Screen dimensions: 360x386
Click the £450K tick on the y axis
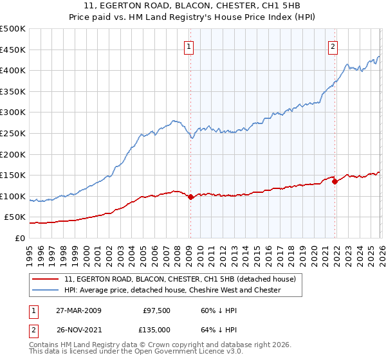[x=13, y=50]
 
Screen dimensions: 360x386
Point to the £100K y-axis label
[x=13, y=196]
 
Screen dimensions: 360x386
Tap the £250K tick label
[x=13, y=133]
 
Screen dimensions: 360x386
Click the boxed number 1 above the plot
[x=190, y=46]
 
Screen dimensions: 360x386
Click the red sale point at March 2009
[x=190, y=197]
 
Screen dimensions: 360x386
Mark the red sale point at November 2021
[x=335, y=181]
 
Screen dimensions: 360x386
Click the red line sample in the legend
[x=46, y=279]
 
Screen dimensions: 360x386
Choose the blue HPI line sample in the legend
[x=46, y=290]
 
